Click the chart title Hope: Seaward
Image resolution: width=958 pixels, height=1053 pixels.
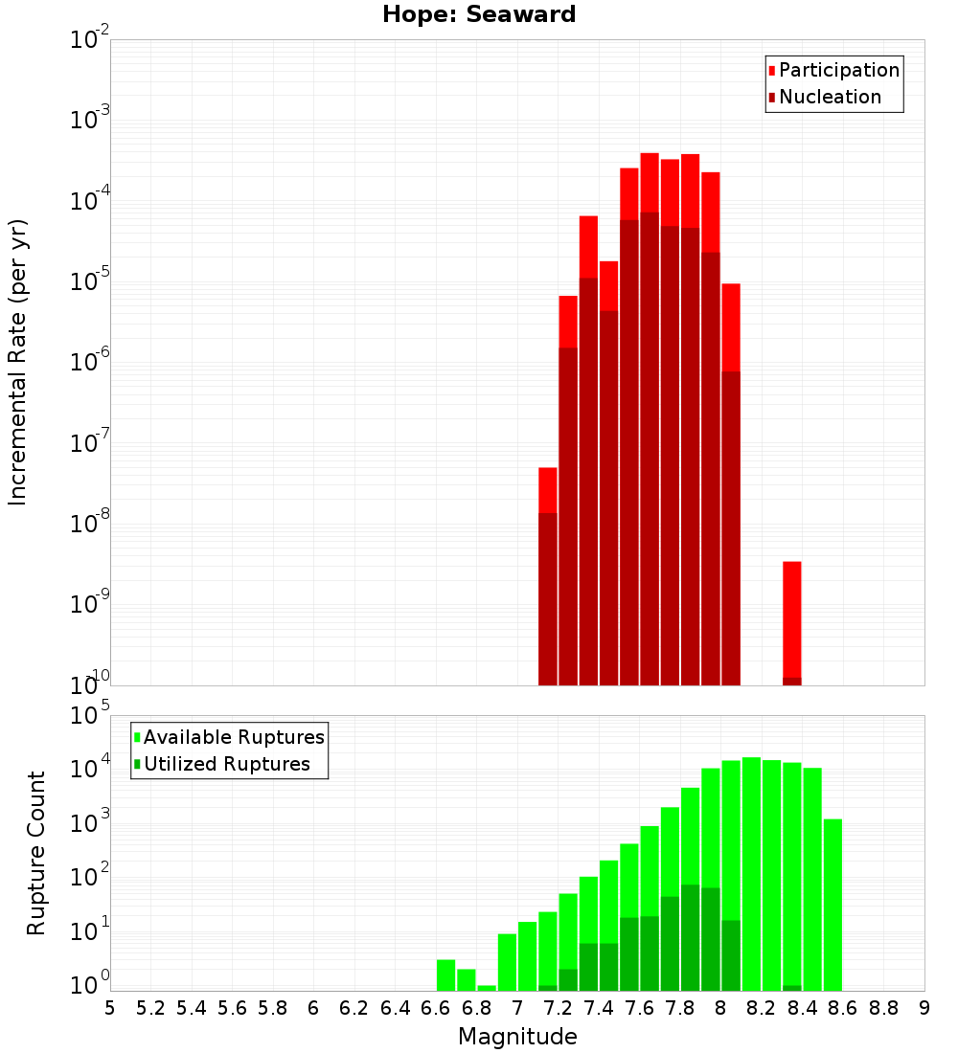click(479, 15)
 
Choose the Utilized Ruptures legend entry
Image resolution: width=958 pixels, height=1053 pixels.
click(226, 764)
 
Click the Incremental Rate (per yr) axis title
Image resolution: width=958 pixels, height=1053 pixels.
click(18, 363)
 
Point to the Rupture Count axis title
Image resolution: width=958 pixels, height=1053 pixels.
click(36, 853)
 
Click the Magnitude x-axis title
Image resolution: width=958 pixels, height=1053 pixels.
click(517, 1037)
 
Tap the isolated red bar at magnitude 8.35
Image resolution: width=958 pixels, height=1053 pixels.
click(792, 622)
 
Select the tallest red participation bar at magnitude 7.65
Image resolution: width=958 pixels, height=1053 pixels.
click(650, 182)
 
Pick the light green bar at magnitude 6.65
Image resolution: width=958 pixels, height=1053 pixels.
click(445, 975)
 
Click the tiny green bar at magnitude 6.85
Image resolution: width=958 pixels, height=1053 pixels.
click(487, 988)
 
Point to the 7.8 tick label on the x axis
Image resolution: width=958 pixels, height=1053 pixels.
click(680, 1008)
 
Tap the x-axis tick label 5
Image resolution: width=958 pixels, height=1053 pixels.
click(110, 1008)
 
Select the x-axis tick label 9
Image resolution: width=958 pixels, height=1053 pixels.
click(924, 1008)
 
